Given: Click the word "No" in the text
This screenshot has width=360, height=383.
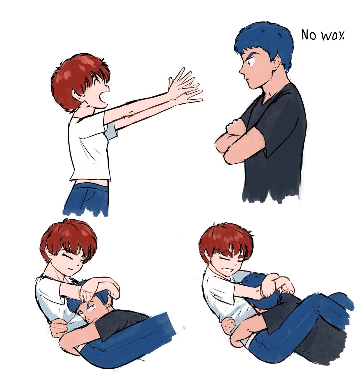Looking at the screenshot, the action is coord(309,35).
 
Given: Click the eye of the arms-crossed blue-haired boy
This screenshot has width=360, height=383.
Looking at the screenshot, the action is coord(251,62).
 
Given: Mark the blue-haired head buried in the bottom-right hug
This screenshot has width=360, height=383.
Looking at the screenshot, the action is coord(260,291).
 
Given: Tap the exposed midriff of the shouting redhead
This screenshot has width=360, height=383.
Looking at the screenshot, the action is coord(91,183).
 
